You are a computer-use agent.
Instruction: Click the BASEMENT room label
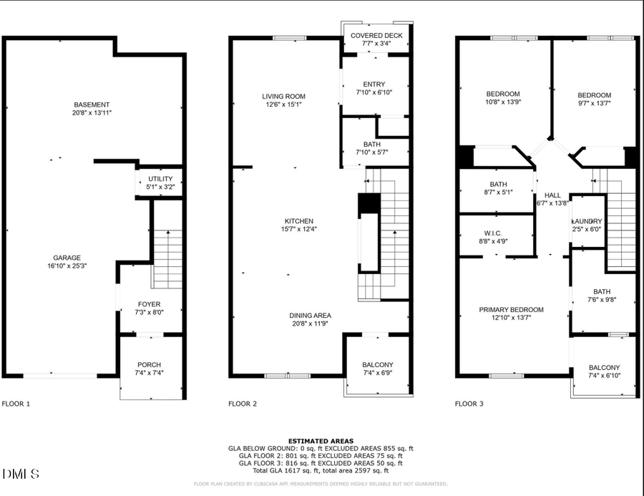click(x=92, y=104)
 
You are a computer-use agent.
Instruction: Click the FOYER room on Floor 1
click(x=148, y=308)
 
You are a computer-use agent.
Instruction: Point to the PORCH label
click(x=149, y=369)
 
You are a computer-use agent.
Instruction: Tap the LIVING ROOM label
click(x=283, y=96)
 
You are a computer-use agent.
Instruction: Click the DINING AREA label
click(x=310, y=315)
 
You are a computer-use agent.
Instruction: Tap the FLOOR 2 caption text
click(x=243, y=404)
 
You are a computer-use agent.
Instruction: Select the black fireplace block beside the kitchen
click(x=368, y=204)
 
